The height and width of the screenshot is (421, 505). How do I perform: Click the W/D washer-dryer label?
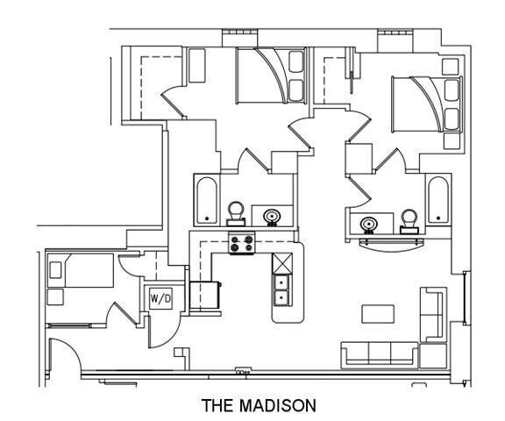[x=160, y=298]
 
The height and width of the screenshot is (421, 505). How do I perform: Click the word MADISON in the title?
[x=278, y=405]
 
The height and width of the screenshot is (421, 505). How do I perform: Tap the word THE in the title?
[x=217, y=405]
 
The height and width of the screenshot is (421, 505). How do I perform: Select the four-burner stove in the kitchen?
[x=242, y=243]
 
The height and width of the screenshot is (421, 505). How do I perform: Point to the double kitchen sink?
[x=282, y=290]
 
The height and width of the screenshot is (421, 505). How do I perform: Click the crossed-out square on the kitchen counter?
[x=282, y=263]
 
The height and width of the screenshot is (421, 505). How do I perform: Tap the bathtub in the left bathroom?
[x=206, y=200]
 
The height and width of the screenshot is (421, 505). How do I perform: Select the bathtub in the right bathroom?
[x=438, y=199]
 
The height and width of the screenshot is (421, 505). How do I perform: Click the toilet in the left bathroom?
[x=236, y=213]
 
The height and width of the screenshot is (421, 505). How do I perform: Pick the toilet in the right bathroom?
[x=409, y=222]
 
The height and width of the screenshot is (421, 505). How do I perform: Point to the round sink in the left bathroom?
[x=272, y=217]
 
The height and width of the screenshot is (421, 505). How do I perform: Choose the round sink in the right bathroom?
[x=369, y=225]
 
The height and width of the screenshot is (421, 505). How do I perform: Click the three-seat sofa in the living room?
[x=380, y=354]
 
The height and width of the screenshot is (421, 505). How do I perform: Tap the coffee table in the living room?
[x=378, y=314]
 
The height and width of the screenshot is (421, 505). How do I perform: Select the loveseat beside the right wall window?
[x=433, y=314]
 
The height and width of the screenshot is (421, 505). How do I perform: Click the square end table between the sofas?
[x=433, y=355]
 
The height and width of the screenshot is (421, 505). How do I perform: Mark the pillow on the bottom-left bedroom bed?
[x=55, y=270]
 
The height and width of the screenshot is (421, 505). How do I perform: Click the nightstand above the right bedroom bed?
[x=451, y=67]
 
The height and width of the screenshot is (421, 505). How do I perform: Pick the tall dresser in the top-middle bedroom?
[x=196, y=66]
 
